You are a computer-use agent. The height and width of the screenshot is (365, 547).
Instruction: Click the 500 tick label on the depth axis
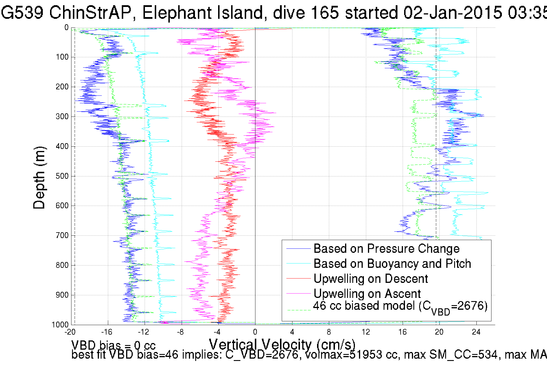[x=62, y=176]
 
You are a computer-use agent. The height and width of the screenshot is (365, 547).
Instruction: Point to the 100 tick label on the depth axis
[x=62, y=57]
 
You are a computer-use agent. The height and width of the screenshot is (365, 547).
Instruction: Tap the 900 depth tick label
[x=62, y=295]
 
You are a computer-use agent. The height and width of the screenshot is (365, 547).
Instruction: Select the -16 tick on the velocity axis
[x=106, y=332]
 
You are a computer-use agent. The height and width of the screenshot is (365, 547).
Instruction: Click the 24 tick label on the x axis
[x=476, y=332]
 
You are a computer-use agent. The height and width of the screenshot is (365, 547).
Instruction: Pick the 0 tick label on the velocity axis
[x=255, y=332]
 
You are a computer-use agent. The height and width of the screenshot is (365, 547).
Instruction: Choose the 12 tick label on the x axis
[x=366, y=332]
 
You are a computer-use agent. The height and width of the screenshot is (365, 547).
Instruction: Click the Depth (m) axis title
[x=39, y=178]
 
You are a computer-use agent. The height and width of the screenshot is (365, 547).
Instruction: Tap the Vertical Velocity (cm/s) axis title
[x=282, y=344]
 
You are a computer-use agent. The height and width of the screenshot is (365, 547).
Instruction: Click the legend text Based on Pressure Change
[x=386, y=249]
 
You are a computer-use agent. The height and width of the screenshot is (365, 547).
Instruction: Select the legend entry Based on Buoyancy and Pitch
[x=392, y=264]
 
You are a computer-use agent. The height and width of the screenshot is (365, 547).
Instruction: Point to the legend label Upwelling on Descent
[x=371, y=279]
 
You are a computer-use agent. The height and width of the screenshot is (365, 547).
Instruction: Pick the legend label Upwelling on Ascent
[x=367, y=294]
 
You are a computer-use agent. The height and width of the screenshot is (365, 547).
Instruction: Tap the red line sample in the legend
[x=298, y=279]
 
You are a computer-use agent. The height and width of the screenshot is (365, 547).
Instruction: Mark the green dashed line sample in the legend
[x=298, y=310]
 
